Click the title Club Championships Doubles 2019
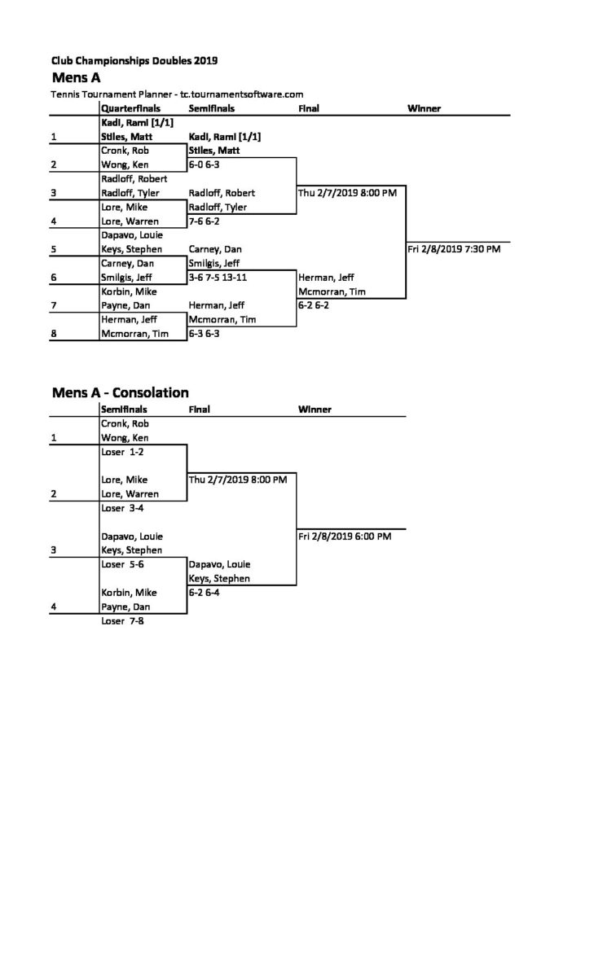pyautogui.click(x=134, y=60)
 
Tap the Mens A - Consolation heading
pyautogui.click(x=121, y=392)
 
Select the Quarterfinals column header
pyautogui.click(x=130, y=108)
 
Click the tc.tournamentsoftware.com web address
pyautogui.click(x=242, y=94)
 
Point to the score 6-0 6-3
pyautogui.click(x=204, y=164)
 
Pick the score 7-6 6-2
pyautogui.click(x=204, y=221)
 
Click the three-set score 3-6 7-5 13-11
pyautogui.click(x=218, y=278)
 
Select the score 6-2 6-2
pyautogui.click(x=314, y=305)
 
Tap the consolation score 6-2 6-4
pyautogui.click(x=204, y=593)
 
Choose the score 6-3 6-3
pyautogui.click(x=204, y=334)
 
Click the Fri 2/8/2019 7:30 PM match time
pyautogui.click(x=454, y=249)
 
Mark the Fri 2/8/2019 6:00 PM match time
pyautogui.click(x=345, y=536)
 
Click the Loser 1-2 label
pyautogui.click(x=122, y=452)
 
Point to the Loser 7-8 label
pyautogui.click(x=122, y=620)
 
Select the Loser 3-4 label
pyautogui.click(x=122, y=508)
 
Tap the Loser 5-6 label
pyautogui.click(x=122, y=564)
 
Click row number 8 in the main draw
pyautogui.click(x=54, y=334)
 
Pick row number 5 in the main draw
pyautogui.click(x=54, y=249)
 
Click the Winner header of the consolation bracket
pyautogui.click(x=315, y=409)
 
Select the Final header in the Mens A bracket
pyautogui.click(x=309, y=108)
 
